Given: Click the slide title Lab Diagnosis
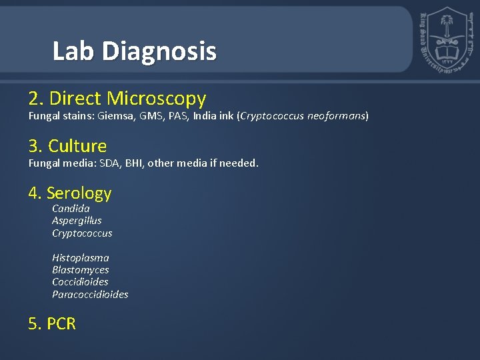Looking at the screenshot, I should tap(135, 51).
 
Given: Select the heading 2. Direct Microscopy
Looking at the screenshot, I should tap(117, 99).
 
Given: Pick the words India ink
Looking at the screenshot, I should tap(213, 116).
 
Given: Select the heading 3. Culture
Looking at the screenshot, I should tap(67, 146).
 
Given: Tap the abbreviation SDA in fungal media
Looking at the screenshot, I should tap(110, 163).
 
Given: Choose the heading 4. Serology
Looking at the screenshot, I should tap(70, 193).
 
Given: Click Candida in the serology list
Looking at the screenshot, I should tap(71, 209).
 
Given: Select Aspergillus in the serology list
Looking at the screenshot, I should tap(77, 221).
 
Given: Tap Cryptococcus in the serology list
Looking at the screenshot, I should tap(82, 233).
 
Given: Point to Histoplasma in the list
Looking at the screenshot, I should tap(80, 258).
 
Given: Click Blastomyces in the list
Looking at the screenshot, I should tap(80, 270).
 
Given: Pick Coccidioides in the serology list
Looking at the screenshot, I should tap(80, 282).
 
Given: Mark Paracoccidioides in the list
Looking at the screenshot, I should tap(90, 294).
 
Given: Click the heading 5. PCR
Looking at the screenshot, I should tap(52, 324).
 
